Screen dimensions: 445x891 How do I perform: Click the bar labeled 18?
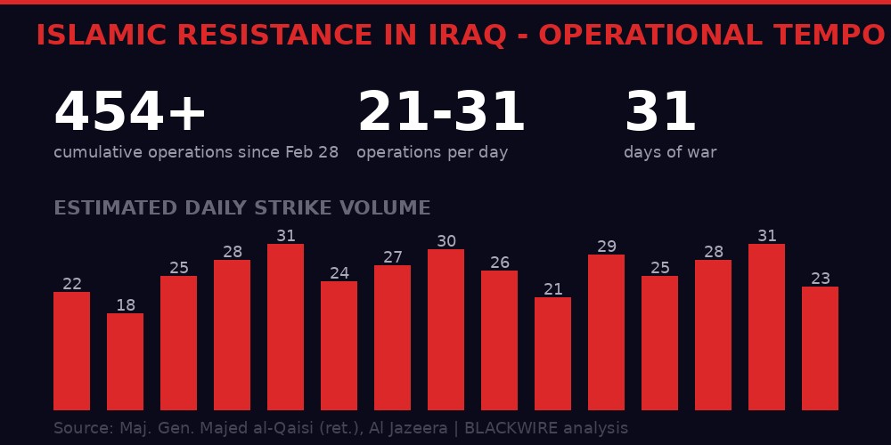click(x=125, y=361)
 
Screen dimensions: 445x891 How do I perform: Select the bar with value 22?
click(x=71, y=351)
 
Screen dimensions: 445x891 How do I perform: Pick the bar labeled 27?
click(x=392, y=337)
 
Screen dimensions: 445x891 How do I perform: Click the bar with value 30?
click(x=445, y=329)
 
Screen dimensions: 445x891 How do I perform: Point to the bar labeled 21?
click(x=552, y=353)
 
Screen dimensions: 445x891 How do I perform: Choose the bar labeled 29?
click(x=606, y=332)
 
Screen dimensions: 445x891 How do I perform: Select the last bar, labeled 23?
click(x=820, y=348)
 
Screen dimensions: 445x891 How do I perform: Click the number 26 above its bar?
click(x=499, y=263)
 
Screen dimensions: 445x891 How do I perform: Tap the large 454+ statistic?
click(x=130, y=114)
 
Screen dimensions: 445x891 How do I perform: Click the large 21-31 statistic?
click(x=441, y=114)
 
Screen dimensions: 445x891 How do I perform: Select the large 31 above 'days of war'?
click(x=660, y=114)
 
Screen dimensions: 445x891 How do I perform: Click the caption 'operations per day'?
click(x=432, y=153)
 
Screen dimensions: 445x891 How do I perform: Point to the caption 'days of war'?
click(x=670, y=153)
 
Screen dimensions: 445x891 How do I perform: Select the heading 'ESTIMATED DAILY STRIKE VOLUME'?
click(x=241, y=209)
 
